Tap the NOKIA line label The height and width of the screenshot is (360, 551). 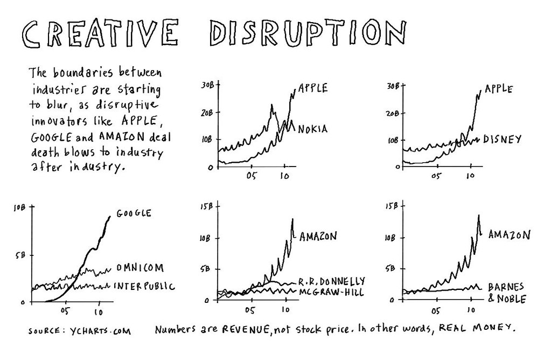[x=313, y=129]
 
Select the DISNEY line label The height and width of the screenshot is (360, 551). [x=503, y=140]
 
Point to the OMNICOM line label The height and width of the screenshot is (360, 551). [x=140, y=267]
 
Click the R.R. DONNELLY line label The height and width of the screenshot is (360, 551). [x=333, y=281]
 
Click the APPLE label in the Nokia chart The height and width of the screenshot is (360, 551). [x=312, y=88]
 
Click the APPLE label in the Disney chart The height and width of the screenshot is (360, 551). [x=498, y=89]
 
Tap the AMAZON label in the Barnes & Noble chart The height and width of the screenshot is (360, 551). [x=510, y=235]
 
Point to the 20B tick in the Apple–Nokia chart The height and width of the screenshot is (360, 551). [x=207, y=113]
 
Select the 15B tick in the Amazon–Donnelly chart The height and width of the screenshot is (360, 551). [x=207, y=206]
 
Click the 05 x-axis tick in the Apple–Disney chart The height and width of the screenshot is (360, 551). [x=436, y=176]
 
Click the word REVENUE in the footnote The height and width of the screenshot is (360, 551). [x=245, y=329]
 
